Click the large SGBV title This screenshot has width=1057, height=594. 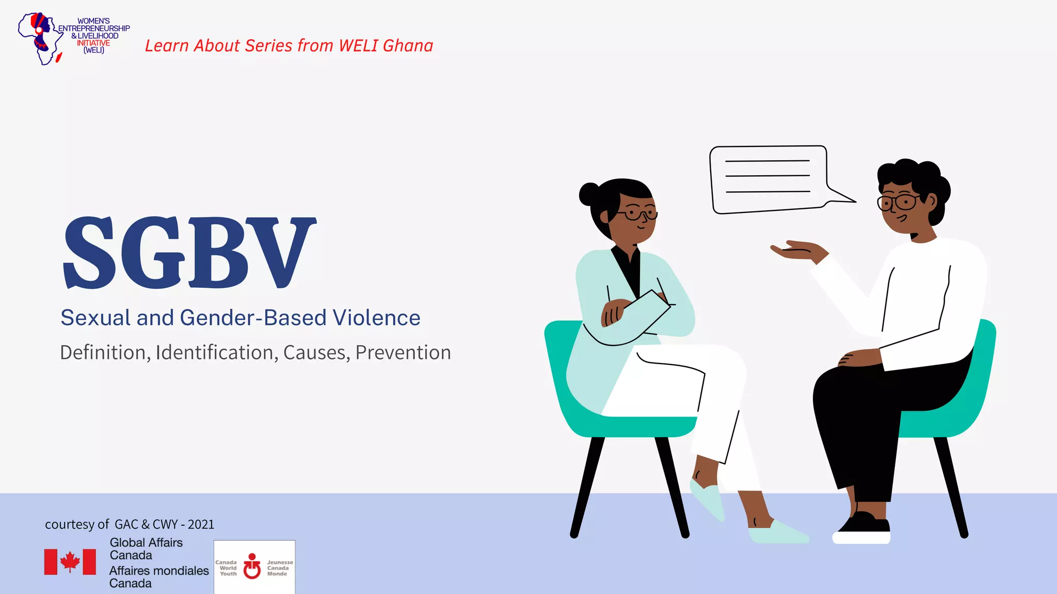[x=189, y=253]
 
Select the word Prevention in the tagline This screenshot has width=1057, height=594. [x=403, y=353]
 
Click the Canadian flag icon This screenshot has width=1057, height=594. [x=70, y=562]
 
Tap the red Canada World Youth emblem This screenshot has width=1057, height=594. [x=252, y=566]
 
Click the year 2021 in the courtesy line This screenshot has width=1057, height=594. [x=201, y=524]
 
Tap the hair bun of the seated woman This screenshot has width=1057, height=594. [x=589, y=194]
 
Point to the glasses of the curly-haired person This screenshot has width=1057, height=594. [x=899, y=202]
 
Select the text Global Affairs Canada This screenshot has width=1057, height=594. [x=146, y=549]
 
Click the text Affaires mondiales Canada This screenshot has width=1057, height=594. [x=158, y=577]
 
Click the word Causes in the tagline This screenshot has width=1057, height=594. [x=316, y=353]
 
